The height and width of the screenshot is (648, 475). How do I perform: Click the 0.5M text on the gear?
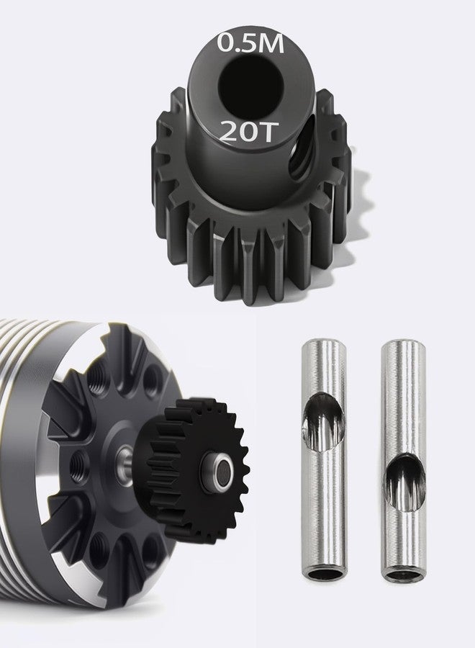pos(250,43)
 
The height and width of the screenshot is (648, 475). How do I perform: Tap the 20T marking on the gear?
pos(247,131)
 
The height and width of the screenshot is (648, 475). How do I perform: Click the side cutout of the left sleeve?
pos(323,420)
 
